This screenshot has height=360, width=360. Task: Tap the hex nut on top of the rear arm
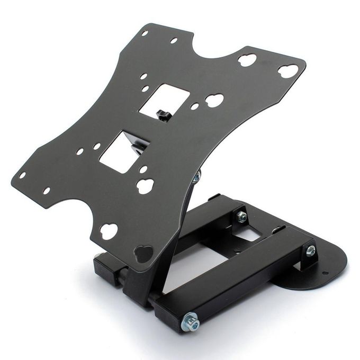241,216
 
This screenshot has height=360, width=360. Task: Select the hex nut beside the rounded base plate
311,250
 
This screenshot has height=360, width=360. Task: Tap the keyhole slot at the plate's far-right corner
287,71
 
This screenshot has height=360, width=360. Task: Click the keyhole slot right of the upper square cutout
214,100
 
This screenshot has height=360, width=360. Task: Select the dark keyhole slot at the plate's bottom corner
143,253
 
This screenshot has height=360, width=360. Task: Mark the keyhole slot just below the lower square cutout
145,185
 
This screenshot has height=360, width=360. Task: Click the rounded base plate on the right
318,267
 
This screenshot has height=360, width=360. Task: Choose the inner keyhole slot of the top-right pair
247,60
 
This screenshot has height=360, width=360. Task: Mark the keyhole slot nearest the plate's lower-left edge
109,231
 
